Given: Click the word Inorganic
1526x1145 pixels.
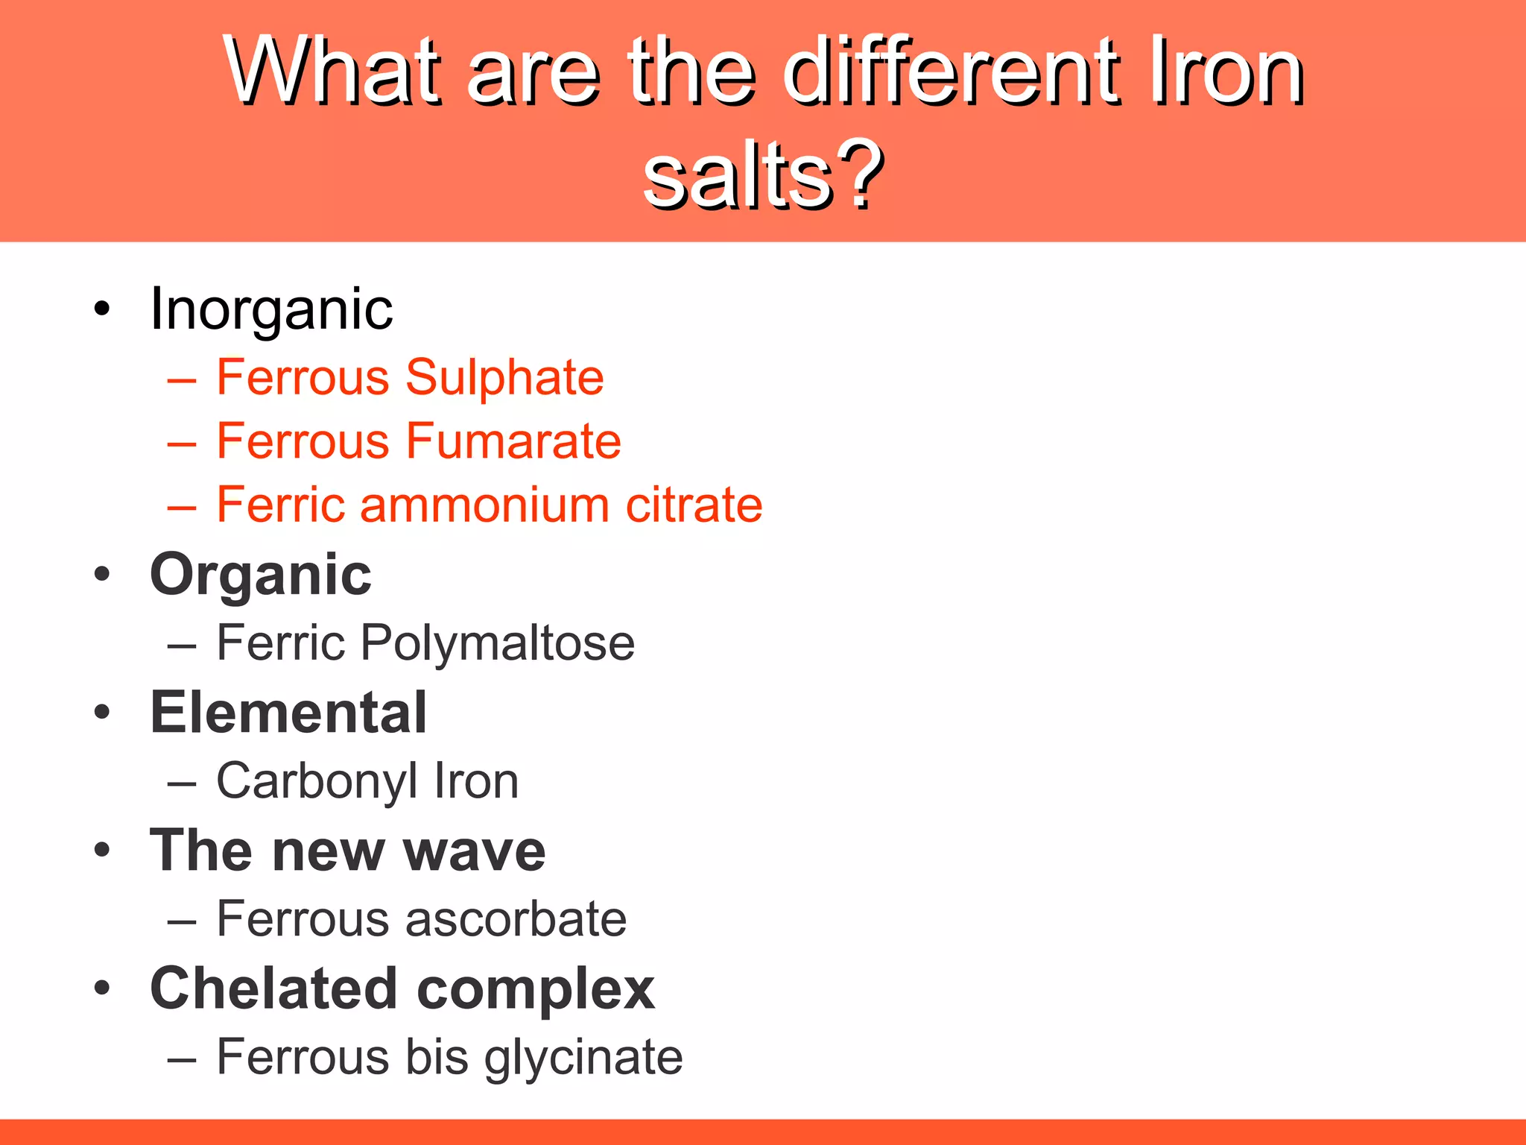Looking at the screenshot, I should point(271,309).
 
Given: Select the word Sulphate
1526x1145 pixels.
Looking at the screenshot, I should point(504,378).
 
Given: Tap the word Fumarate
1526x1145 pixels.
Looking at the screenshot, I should point(513,441).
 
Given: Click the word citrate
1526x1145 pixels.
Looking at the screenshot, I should point(694,505).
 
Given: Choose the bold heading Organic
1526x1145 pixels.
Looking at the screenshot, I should point(261,575).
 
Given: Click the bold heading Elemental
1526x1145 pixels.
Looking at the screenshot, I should point(289,713).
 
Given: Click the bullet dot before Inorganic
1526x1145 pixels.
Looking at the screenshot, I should point(102,309).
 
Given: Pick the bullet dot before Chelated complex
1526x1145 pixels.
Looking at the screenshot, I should point(102,988).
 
